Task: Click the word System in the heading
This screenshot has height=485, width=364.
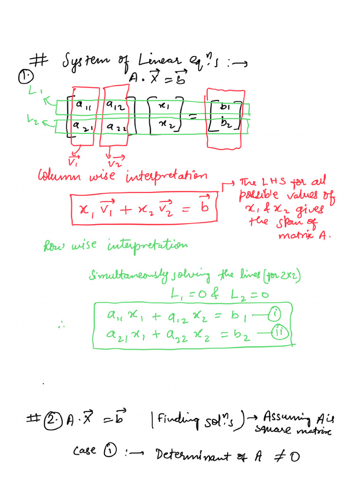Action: pos(86,61)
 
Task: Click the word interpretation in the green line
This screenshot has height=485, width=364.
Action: pos(148,245)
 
